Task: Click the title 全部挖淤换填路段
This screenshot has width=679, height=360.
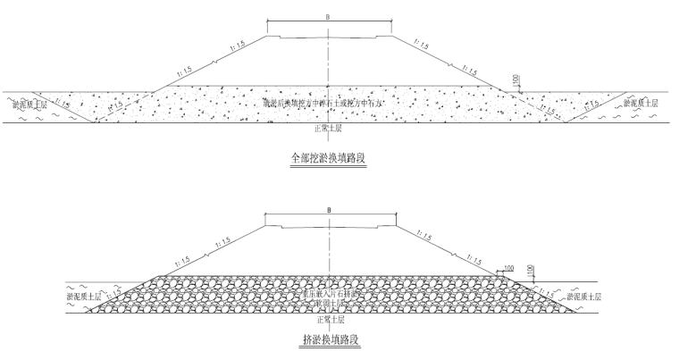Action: pyautogui.click(x=330, y=158)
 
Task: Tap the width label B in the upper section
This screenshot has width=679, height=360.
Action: pyautogui.click(x=329, y=17)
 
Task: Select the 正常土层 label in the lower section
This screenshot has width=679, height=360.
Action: pyautogui.click(x=331, y=318)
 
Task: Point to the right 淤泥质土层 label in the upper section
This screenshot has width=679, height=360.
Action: pyautogui.click(x=642, y=104)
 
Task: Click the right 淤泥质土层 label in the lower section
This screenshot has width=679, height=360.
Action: pyautogui.click(x=584, y=295)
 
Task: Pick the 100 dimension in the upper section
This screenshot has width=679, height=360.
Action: pyautogui.click(x=516, y=81)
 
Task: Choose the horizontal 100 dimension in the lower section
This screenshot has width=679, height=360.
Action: pyautogui.click(x=508, y=267)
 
